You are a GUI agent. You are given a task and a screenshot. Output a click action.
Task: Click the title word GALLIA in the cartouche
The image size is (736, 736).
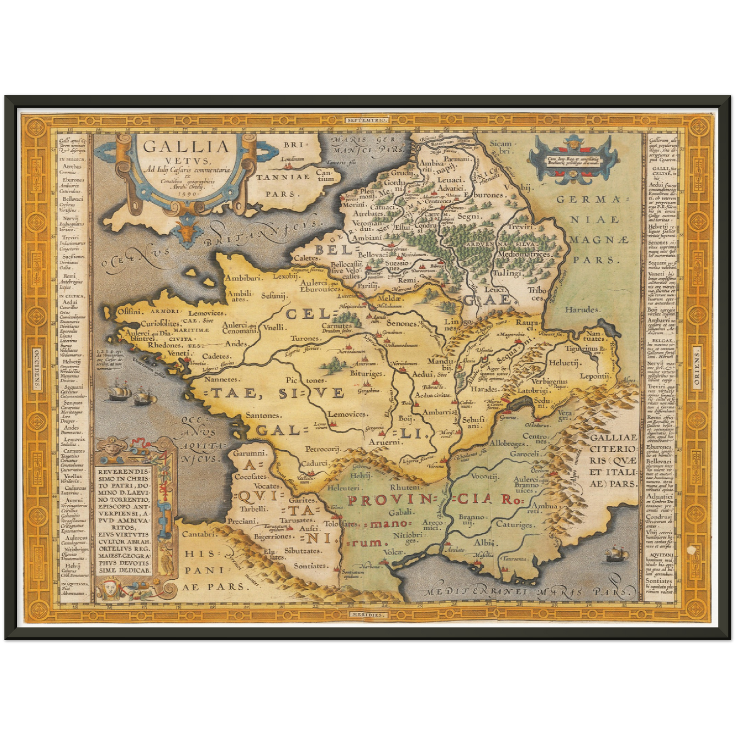coord(186,147)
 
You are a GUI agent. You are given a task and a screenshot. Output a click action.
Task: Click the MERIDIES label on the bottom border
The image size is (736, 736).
coord(368,614)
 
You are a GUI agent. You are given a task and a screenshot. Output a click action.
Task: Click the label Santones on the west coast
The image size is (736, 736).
coord(263,416)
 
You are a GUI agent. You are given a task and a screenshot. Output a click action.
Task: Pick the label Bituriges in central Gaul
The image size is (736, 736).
coord(366,374)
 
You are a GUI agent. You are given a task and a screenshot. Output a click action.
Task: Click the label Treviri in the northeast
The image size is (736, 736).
coord(520,226)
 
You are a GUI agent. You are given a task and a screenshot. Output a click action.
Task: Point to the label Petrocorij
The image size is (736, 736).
coord(322,449)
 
